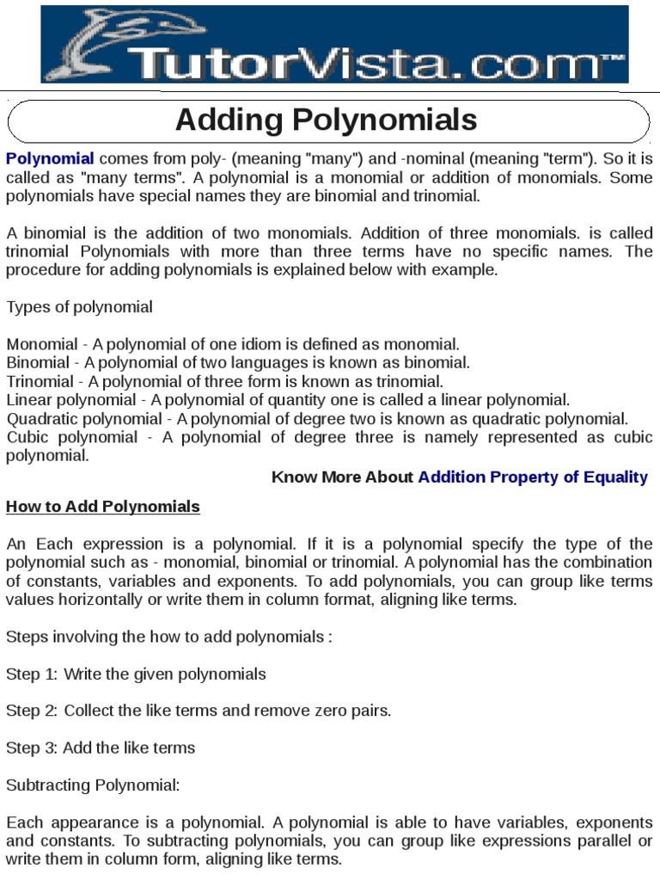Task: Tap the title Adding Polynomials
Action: tap(326, 120)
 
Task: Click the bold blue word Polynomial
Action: tap(50, 158)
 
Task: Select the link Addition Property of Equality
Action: tap(533, 477)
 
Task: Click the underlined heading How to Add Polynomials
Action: tap(103, 506)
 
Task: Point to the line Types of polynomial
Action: tap(80, 307)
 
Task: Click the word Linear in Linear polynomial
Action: tap(27, 400)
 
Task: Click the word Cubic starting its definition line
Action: tap(27, 437)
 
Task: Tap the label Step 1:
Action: tap(32, 674)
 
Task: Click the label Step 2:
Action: tap(32, 711)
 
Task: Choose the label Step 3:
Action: tap(32, 748)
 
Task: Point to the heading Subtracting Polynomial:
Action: tap(93, 785)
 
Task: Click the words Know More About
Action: tap(342, 477)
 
